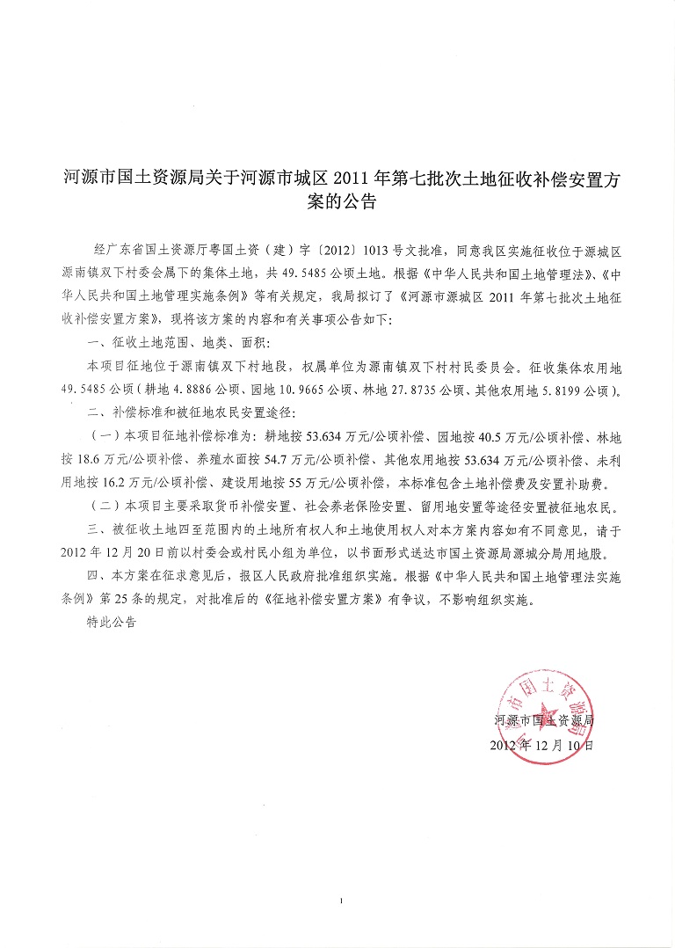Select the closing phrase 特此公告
tap(112, 623)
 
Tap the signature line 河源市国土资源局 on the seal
tap(545, 721)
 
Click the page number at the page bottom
tap(338, 901)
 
